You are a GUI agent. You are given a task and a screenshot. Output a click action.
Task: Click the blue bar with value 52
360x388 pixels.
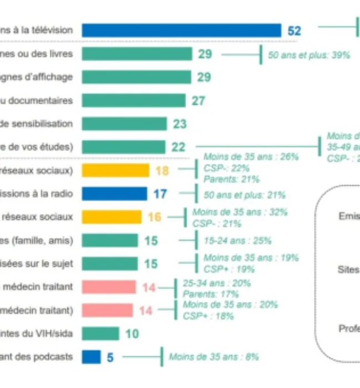click(x=182, y=30)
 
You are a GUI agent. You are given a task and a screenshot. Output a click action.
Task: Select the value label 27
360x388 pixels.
click(x=198, y=100)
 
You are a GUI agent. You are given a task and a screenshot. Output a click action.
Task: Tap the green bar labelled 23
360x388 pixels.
click(x=124, y=124)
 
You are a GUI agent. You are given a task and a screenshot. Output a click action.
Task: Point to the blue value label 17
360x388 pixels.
click(x=159, y=194)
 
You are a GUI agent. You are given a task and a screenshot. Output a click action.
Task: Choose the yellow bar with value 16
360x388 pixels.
click(x=112, y=217)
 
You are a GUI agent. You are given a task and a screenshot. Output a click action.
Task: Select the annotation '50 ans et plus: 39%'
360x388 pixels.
click(x=309, y=55)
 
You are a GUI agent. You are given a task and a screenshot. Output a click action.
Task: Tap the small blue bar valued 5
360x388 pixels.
click(x=91, y=357)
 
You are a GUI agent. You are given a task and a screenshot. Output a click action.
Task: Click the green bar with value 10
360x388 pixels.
click(x=100, y=333)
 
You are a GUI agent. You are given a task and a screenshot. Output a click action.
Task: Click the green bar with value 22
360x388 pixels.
click(x=124, y=147)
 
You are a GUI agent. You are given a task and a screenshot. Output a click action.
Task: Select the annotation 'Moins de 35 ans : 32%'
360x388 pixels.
click(x=240, y=212)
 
